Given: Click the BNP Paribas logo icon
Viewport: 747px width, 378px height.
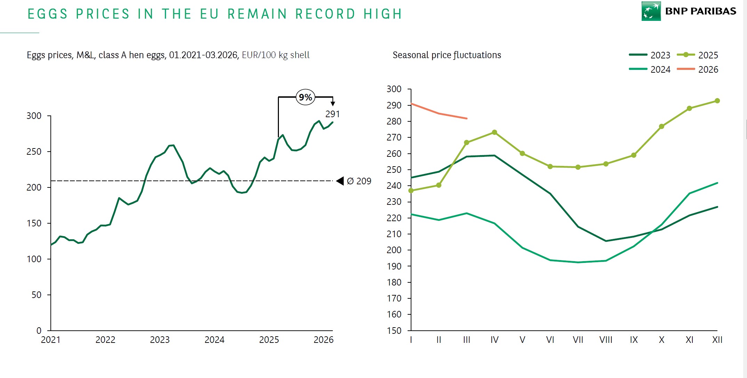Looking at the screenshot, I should tap(651, 11).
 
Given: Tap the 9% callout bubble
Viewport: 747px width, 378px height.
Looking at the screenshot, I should tap(305, 97).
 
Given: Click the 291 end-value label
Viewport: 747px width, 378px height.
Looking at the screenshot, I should tap(332, 114).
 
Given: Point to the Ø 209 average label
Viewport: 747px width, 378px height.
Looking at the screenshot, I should tap(359, 181).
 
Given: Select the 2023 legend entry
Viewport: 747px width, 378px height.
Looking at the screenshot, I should tap(649, 55).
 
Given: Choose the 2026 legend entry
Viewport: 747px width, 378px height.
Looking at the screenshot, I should tap(697, 70).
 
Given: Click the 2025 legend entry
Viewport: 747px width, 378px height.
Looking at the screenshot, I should tap(697, 55).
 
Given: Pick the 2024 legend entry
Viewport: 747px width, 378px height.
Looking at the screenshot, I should tap(649, 70).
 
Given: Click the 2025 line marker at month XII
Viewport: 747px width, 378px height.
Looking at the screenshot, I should tap(717, 101).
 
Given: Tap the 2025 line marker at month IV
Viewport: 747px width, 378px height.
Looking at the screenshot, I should tap(495, 132).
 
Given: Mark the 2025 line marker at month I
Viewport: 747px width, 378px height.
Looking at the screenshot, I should tap(411, 191).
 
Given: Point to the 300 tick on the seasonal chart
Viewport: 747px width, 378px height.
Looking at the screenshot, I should tap(394, 89).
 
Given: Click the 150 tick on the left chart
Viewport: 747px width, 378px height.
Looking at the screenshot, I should tap(34, 223).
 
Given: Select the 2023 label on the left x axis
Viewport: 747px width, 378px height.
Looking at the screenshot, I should tap(160, 340).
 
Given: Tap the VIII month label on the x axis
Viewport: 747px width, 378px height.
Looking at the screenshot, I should tap(606, 340).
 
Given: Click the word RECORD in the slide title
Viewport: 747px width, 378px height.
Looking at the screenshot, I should tap(325, 14).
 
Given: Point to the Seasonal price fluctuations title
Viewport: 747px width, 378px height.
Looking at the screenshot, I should tap(447, 55).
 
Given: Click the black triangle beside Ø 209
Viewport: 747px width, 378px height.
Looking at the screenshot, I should tap(340, 181).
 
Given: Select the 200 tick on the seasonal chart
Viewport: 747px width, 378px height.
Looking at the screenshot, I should tap(394, 250).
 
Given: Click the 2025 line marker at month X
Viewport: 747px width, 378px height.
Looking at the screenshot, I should tap(661, 127).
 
